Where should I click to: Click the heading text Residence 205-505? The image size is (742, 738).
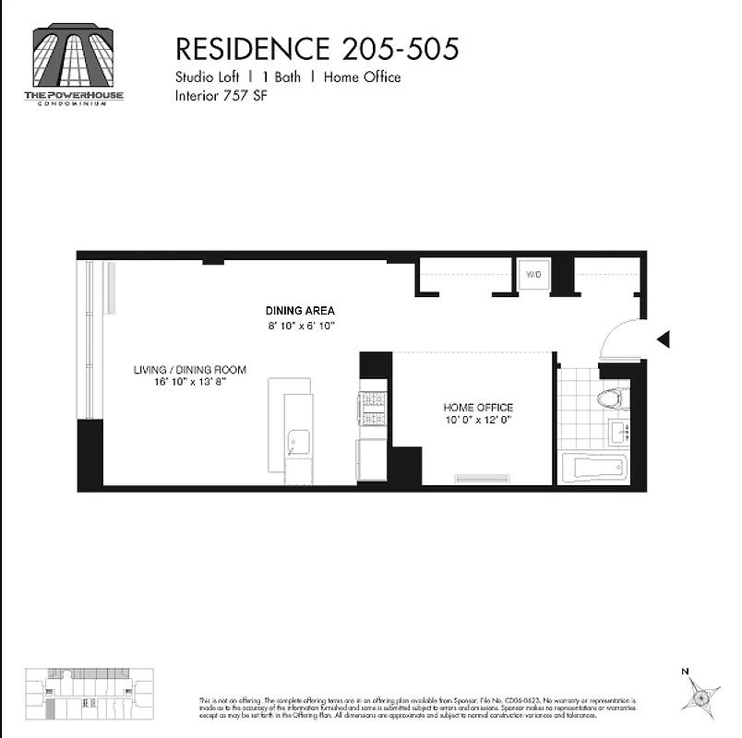click(x=317, y=48)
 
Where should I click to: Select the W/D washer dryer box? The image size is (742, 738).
click(x=533, y=275)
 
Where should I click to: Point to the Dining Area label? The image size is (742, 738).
click(x=300, y=311)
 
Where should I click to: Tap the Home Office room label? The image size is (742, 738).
click(x=478, y=407)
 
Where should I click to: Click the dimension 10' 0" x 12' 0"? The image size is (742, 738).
click(x=478, y=420)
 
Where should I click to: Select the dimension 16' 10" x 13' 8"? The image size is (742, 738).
click(x=190, y=382)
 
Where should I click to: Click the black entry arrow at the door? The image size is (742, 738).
click(x=663, y=339)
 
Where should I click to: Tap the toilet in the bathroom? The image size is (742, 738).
click(x=612, y=399)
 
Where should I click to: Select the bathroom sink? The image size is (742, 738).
click(x=617, y=431)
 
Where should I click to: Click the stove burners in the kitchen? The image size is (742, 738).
click(x=372, y=409)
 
